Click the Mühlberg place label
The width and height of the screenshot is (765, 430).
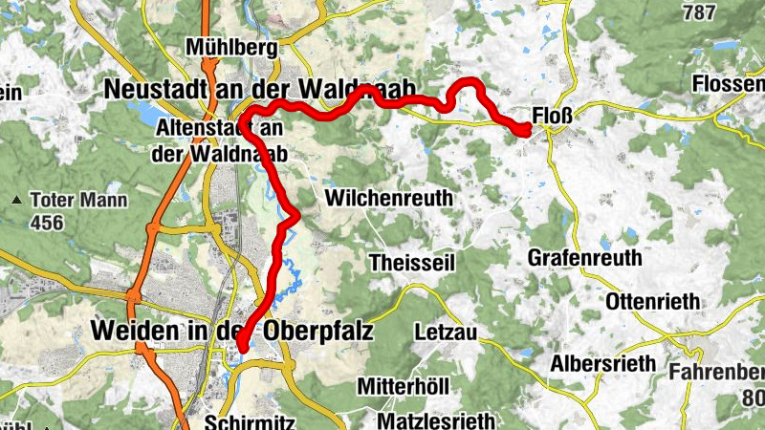[232, 47]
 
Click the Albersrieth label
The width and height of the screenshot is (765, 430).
[602, 363]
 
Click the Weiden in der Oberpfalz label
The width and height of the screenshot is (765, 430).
[231, 330]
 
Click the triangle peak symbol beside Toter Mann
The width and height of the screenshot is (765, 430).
[17, 201]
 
